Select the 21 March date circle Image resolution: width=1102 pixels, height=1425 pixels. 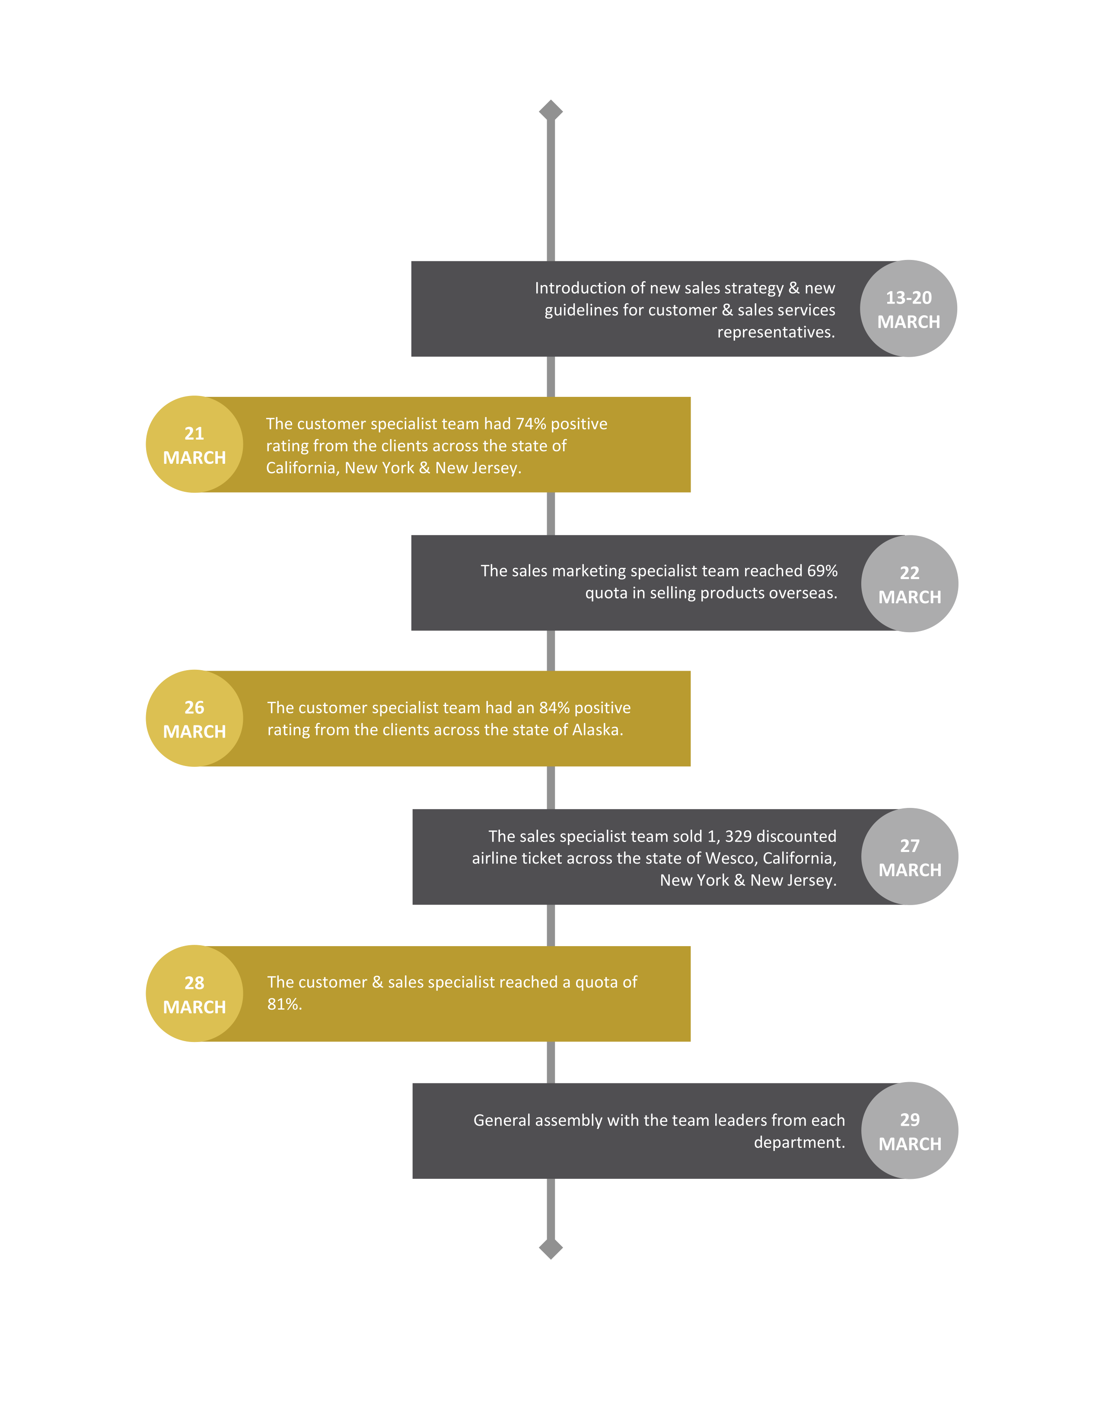(194, 444)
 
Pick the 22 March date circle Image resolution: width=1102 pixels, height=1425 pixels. (909, 583)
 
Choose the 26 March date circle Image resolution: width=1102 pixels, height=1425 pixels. (194, 719)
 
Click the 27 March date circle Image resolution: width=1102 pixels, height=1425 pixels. (909, 857)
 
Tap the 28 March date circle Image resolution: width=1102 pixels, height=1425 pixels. (194, 994)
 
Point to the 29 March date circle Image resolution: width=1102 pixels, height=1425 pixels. (909, 1131)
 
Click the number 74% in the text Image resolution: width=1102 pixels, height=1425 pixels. (530, 424)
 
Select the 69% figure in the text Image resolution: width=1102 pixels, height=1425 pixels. (822, 571)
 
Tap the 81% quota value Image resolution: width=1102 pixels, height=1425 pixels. (284, 1004)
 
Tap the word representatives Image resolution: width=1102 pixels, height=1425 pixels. (776, 333)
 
